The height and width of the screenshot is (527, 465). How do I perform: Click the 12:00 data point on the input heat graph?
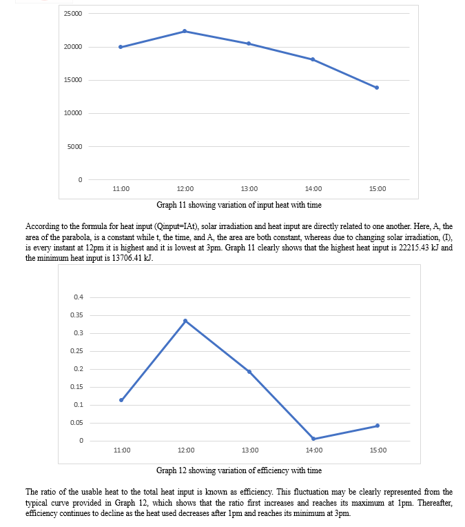pyautogui.click(x=185, y=31)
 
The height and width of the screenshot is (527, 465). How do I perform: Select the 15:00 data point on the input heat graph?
pyautogui.click(x=377, y=88)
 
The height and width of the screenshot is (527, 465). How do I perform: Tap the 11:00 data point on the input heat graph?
pyautogui.click(x=121, y=47)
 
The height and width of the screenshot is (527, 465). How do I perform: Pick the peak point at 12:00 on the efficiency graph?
pyautogui.click(x=185, y=321)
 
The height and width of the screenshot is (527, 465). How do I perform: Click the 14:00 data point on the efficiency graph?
pyautogui.click(x=313, y=439)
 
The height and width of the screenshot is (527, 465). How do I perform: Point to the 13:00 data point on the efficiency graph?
pyautogui.click(x=249, y=372)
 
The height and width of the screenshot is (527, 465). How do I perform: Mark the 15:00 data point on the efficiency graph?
pyautogui.click(x=378, y=426)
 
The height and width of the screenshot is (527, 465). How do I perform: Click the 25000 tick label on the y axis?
pyautogui.click(x=73, y=13)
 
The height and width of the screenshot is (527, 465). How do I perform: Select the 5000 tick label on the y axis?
pyautogui.click(x=74, y=146)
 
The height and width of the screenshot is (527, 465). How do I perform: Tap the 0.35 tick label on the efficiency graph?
pyautogui.click(x=76, y=315)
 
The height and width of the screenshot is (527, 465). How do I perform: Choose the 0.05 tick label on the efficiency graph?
pyautogui.click(x=76, y=423)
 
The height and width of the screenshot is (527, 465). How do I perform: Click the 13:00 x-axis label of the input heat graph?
pyautogui.click(x=249, y=189)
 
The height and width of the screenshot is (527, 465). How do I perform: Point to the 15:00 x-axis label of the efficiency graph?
pyautogui.click(x=378, y=450)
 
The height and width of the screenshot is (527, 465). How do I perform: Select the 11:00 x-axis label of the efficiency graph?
pyautogui.click(x=122, y=450)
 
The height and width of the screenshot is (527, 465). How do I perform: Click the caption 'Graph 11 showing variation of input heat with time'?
pyautogui.click(x=239, y=205)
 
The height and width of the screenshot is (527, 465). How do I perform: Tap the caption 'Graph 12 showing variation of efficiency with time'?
pyautogui.click(x=239, y=470)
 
